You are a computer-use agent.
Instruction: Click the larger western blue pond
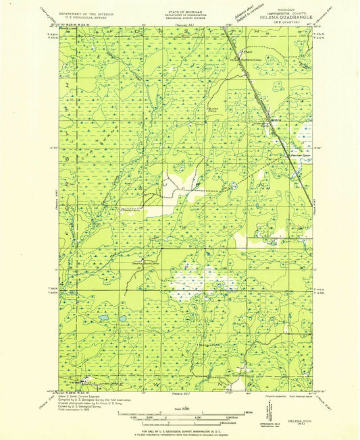[x=103, y=317]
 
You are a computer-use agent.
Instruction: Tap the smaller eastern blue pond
[x=123, y=318]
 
